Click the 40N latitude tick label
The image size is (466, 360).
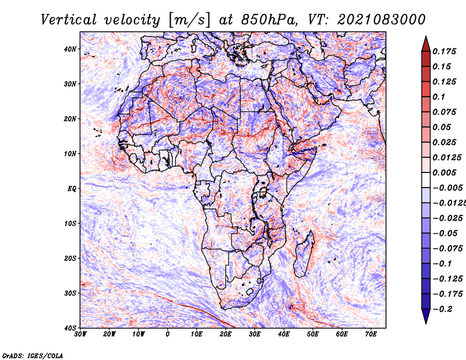coord(70,49)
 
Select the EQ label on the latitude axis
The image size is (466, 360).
coord(72,189)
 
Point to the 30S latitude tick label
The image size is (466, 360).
coord(70,294)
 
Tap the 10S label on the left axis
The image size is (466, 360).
coord(70,224)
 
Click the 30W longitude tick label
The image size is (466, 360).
coord(80,334)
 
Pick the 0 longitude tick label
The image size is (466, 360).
coord(168,334)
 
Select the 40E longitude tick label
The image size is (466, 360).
coord(284,334)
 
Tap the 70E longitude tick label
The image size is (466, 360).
coord(371,334)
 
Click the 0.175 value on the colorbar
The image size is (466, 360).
coord(444,52)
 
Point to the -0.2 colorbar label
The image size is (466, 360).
coord(442,309)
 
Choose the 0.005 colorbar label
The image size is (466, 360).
coord(444,172)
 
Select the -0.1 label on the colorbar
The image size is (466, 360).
coord(442,264)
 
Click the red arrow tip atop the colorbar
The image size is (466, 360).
coord(426,37)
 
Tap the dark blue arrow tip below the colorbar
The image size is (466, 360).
coord(426,323)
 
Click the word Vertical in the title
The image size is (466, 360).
coord(69,20)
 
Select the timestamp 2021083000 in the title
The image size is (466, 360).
coord(382,20)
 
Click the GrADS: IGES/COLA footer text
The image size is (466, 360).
coord(33,356)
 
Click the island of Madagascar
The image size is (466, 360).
coord(303,255)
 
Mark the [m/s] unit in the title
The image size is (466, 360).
coord(190,20)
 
